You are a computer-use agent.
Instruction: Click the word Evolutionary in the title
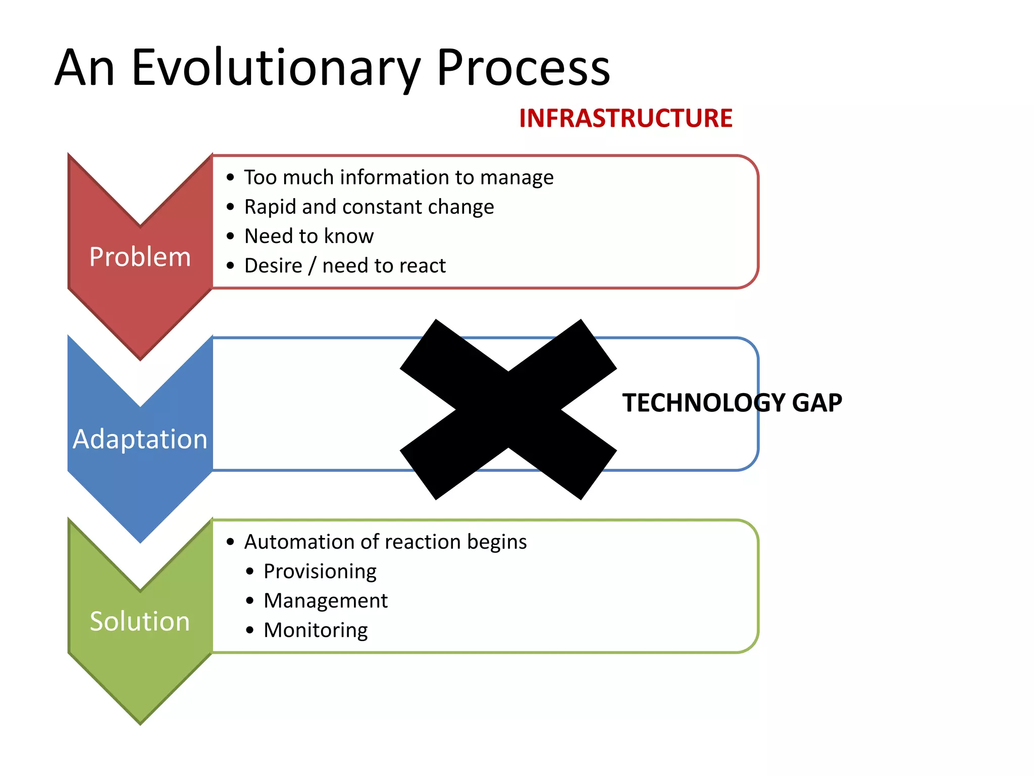coord(275,68)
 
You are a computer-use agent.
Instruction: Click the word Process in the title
coord(523,68)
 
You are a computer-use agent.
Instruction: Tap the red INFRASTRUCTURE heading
coord(625,118)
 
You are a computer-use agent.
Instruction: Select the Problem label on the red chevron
coord(140,257)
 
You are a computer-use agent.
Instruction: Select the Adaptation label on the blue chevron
coord(140,439)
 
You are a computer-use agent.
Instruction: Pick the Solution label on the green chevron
coord(140,621)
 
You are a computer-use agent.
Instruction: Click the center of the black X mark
coord(508,410)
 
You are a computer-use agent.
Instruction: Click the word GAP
coord(817,403)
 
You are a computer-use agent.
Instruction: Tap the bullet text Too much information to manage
coord(398,177)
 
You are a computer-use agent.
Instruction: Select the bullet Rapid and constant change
coord(369,207)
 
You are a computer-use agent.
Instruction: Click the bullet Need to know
coord(308,236)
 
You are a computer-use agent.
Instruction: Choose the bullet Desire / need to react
coord(345,265)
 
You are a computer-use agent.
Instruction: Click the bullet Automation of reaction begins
coord(385,542)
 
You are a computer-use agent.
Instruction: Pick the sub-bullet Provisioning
coord(320,571)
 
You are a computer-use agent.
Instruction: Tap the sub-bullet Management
coord(325,601)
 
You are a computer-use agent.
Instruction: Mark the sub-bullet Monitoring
coord(316,630)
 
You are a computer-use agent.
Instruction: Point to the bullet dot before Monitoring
coord(250,630)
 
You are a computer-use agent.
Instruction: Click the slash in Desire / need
coord(312,266)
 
